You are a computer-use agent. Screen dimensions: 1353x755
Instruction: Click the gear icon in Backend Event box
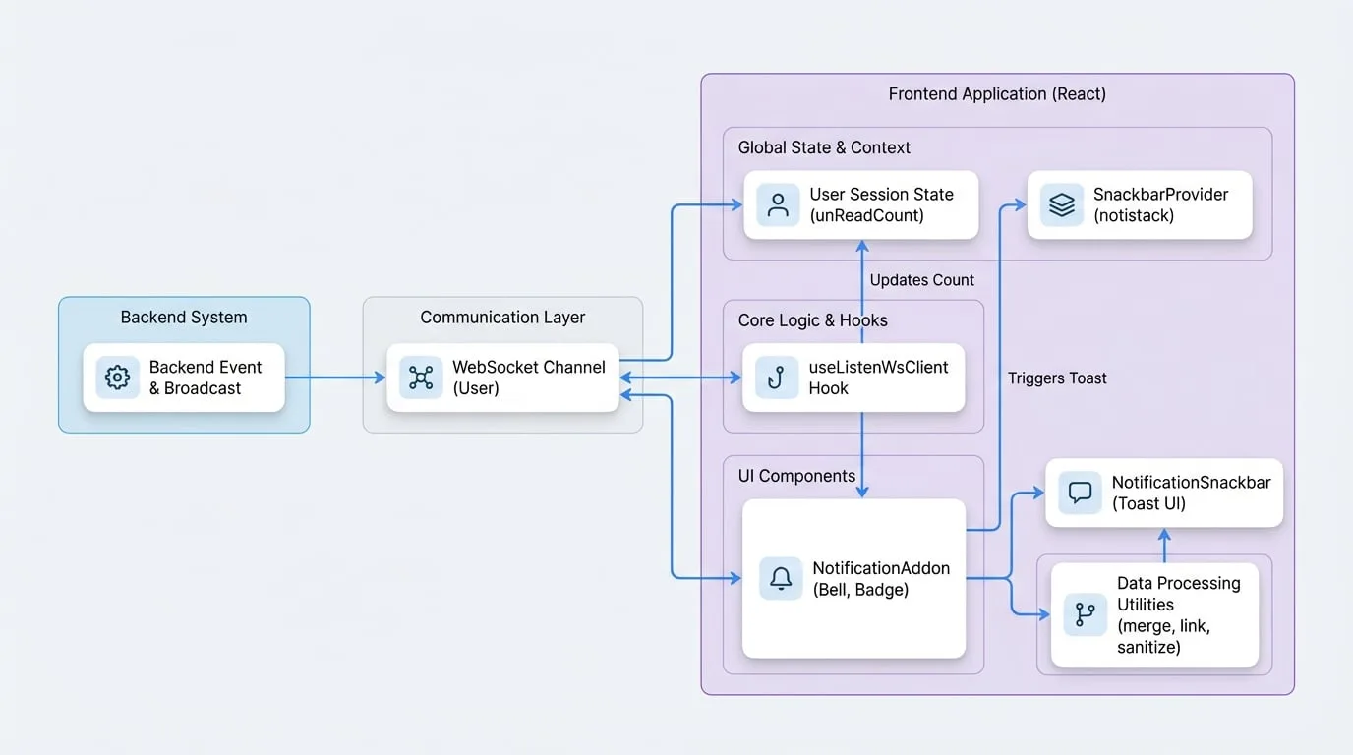tap(117, 377)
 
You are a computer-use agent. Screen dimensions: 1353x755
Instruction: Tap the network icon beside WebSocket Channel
tap(421, 377)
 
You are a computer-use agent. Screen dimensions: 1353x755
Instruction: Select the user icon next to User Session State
tap(778, 205)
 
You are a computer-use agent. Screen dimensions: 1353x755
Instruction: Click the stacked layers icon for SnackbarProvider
tap(1062, 205)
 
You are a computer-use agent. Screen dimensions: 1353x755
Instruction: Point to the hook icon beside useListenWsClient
tap(777, 377)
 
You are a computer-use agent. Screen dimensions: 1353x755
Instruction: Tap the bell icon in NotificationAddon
tap(781, 578)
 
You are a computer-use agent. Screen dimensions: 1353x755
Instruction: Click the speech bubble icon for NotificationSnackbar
tap(1080, 493)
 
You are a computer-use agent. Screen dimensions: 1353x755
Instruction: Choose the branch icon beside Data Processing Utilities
tap(1086, 614)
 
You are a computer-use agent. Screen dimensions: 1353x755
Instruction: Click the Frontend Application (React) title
tap(997, 94)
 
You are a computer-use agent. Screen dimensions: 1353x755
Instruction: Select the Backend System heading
tap(184, 318)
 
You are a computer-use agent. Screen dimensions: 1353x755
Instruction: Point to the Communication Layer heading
tap(502, 318)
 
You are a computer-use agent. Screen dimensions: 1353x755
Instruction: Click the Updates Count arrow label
tap(921, 280)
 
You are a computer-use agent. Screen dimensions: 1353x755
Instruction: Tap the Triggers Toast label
tap(1057, 378)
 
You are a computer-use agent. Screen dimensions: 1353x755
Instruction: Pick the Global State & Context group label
tap(824, 147)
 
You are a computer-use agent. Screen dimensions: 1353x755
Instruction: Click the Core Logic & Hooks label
tap(813, 320)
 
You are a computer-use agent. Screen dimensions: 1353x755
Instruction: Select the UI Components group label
tap(796, 476)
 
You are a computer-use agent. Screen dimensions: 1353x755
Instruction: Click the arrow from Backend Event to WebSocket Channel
tap(335, 377)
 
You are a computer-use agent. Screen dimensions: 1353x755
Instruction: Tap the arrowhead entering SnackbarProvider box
tap(1021, 205)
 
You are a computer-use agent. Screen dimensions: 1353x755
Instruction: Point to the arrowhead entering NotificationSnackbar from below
tap(1164, 535)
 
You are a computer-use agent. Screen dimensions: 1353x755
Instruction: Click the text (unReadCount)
tap(867, 215)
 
